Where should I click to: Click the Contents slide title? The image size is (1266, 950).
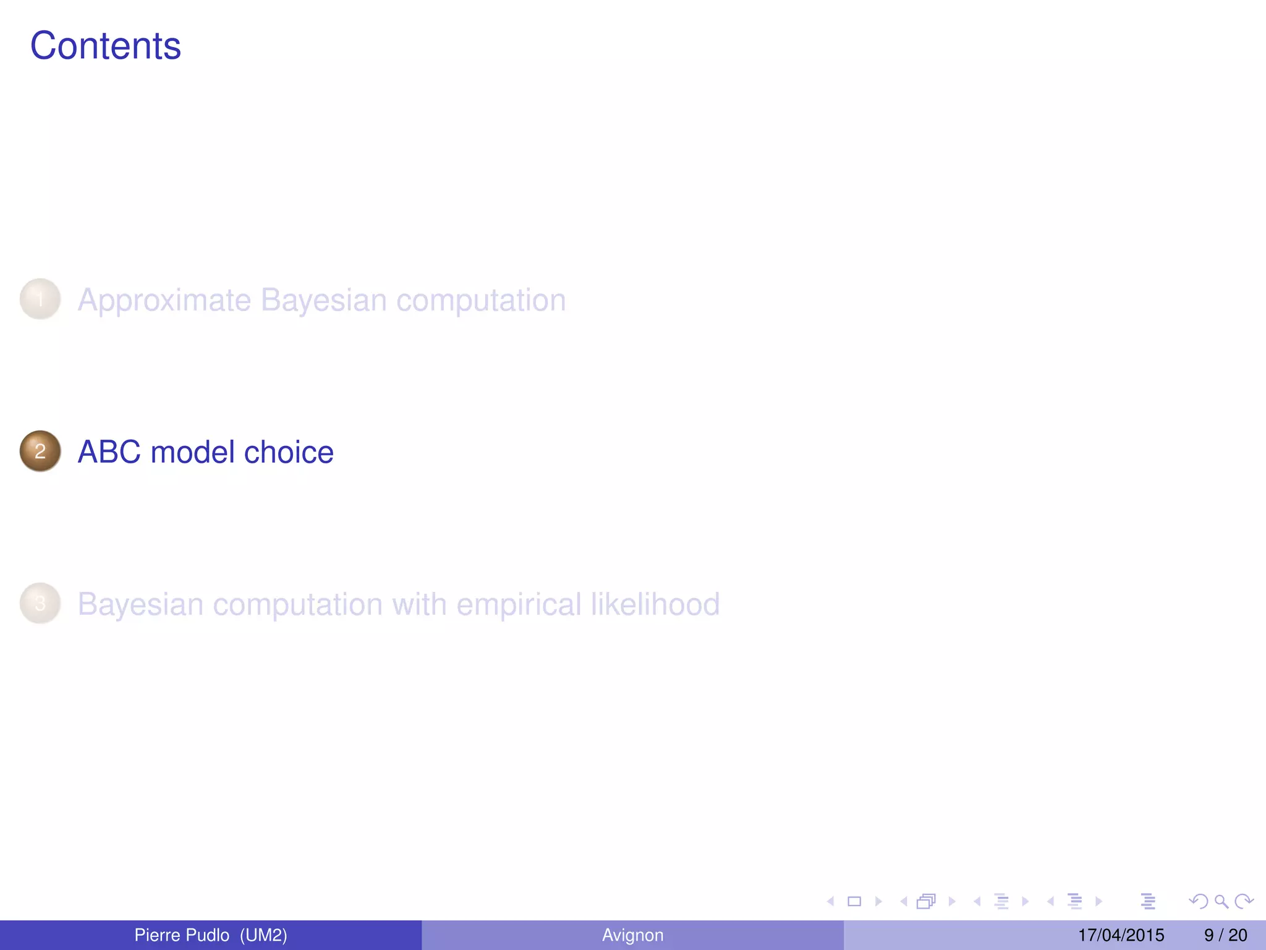[105, 46]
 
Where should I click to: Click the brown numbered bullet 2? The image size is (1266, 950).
[40, 451]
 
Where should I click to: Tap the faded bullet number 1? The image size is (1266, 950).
[40, 299]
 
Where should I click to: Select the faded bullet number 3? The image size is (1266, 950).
[40, 604]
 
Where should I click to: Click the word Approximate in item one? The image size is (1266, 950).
[164, 301]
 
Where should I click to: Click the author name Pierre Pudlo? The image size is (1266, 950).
[181, 935]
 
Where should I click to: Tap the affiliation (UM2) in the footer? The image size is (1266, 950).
[263, 935]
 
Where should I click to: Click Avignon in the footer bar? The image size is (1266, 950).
[632, 935]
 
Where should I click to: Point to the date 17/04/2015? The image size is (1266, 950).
[1121, 935]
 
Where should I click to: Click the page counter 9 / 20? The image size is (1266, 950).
[1225, 935]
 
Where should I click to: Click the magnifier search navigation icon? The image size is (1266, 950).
[1221, 902]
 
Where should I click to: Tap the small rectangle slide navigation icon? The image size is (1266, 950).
[854, 902]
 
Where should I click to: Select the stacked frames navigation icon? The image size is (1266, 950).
[926, 902]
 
